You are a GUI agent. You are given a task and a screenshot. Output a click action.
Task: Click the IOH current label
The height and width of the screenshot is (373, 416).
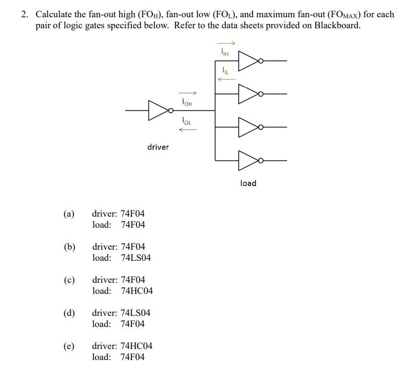tap(187, 102)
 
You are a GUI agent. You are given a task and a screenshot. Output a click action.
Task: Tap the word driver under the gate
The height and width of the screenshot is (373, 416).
tap(158, 147)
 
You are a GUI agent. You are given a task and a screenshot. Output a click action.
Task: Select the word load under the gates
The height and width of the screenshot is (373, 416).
tap(248, 183)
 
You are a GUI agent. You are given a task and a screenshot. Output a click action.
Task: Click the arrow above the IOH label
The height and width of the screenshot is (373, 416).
tap(187, 93)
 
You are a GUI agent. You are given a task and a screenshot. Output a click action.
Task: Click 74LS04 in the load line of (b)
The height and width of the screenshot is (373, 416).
tap(136, 258)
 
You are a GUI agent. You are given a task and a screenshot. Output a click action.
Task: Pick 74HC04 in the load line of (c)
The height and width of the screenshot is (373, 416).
tap(137, 291)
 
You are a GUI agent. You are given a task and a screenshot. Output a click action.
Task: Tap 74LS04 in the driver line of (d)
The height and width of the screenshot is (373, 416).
tap(136, 313)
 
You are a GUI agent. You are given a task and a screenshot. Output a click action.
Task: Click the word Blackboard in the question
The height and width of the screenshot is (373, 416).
tap(336, 25)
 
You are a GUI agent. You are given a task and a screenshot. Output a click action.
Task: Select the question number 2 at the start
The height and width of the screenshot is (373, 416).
tap(24, 14)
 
